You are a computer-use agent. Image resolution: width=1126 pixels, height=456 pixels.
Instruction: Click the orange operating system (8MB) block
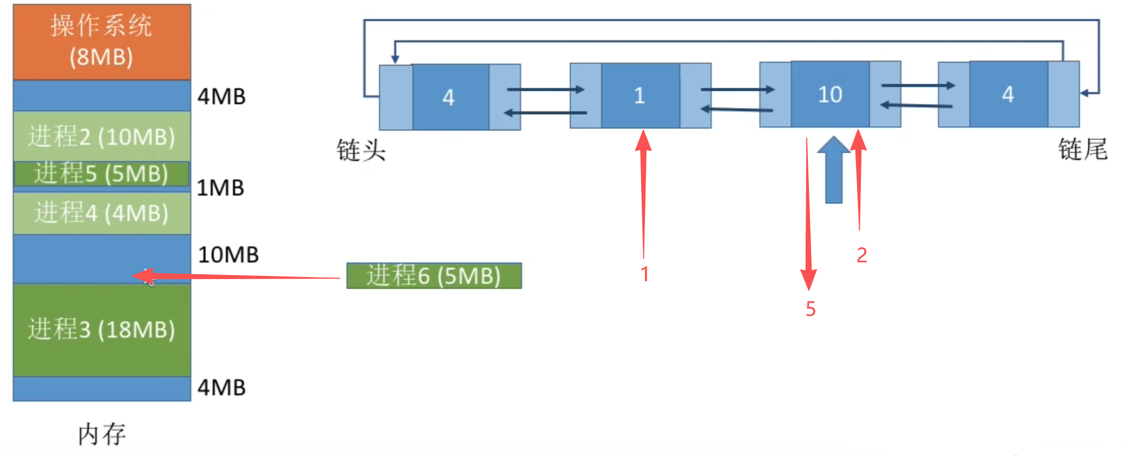click(x=102, y=42)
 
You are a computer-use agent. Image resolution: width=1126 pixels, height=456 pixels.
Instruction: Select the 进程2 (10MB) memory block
click(x=102, y=136)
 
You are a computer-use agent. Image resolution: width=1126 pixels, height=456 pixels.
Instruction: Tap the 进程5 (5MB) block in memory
click(x=102, y=174)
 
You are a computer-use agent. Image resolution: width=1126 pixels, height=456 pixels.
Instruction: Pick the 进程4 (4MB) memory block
click(x=102, y=213)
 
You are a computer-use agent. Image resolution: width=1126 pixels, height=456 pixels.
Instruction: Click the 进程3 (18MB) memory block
click(x=102, y=329)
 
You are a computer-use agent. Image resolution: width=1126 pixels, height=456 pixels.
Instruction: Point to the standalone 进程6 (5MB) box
click(x=434, y=275)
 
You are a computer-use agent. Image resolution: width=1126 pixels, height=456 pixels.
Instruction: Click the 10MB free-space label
click(x=228, y=255)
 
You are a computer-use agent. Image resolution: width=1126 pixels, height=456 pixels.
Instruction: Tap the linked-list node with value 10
click(x=830, y=95)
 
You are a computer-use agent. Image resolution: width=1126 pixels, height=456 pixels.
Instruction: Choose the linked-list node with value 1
click(x=640, y=96)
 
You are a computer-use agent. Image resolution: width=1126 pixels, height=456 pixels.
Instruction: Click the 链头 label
click(x=361, y=150)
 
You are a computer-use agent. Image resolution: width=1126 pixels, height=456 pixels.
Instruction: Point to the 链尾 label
click(x=1083, y=149)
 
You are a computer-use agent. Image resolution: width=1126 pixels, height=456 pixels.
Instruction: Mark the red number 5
click(x=811, y=309)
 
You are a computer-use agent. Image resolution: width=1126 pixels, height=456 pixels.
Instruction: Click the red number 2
click(x=862, y=255)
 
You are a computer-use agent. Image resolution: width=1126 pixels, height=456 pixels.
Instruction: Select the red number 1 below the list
click(x=644, y=274)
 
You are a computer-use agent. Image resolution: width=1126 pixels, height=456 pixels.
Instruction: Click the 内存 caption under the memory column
click(x=102, y=434)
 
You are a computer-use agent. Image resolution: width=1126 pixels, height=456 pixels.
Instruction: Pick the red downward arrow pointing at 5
click(x=808, y=216)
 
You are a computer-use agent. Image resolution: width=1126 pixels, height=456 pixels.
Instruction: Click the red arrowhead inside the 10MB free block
click(x=143, y=276)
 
